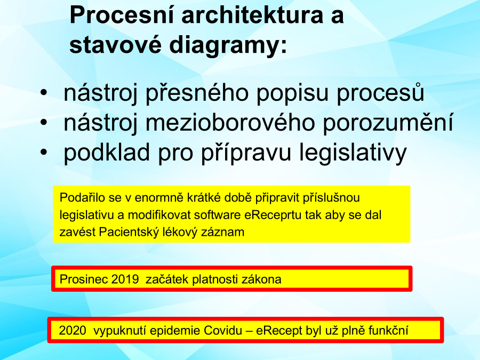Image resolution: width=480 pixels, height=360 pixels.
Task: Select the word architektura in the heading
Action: point(252,15)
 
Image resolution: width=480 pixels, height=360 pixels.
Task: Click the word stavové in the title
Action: point(115,45)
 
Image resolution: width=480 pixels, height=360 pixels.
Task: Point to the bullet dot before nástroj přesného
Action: point(44,92)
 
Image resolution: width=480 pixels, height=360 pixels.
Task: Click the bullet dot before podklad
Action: point(44,152)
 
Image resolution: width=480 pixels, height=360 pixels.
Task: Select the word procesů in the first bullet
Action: point(380,92)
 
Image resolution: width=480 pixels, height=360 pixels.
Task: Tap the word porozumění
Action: point(388,123)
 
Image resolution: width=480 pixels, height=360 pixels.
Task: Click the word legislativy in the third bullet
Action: point(353,153)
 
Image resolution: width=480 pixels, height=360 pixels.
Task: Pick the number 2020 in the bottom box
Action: point(73,331)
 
